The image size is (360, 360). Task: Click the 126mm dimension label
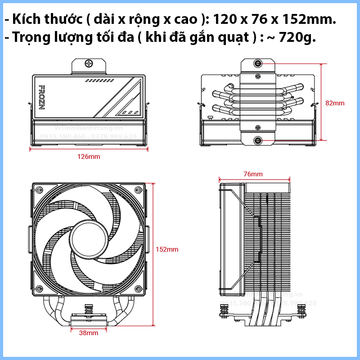coord(89,157)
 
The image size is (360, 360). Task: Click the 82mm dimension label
coord(335,103)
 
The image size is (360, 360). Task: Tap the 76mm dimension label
coord(253,174)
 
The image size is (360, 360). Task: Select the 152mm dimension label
coord(167,249)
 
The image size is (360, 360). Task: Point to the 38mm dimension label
coord(89,333)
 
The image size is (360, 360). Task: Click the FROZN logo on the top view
coord(42,97)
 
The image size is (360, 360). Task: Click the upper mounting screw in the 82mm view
coord(259,64)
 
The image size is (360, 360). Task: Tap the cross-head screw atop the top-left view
coord(89,64)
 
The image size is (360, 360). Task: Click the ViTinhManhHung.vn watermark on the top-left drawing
coord(89,128)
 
